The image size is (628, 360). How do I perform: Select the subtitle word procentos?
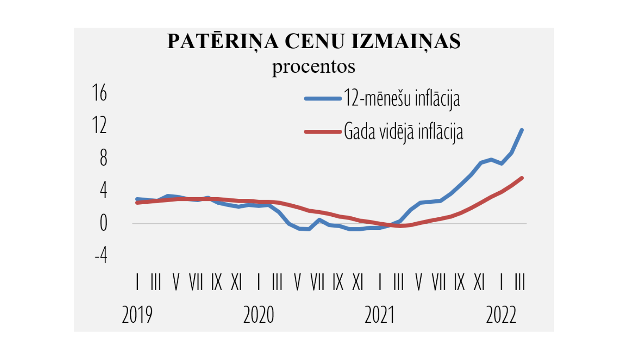[314, 67]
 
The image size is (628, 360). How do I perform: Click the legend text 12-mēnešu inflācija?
[402, 99]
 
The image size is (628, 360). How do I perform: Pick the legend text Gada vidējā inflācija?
[404, 132]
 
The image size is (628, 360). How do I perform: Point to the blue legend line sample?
[323, 99]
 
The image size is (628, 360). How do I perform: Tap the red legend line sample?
[323, 132]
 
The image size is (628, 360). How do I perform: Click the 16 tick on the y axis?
[100, 93]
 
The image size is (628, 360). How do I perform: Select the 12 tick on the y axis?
[100, 125]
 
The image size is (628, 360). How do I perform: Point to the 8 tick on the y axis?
[103, 158]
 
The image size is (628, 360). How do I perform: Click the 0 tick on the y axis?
[103, 224]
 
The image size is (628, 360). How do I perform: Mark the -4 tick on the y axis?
[101, 255]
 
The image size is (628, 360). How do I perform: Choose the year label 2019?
[137, 315]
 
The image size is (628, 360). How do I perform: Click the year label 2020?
[258, 315]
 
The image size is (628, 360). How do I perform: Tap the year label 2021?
[379, 315]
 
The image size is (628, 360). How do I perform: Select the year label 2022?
[501, 315]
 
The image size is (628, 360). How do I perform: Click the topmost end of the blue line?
[522, 130]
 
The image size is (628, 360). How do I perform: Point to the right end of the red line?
[522, 178]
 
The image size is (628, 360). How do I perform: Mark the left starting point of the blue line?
[137, 199]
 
